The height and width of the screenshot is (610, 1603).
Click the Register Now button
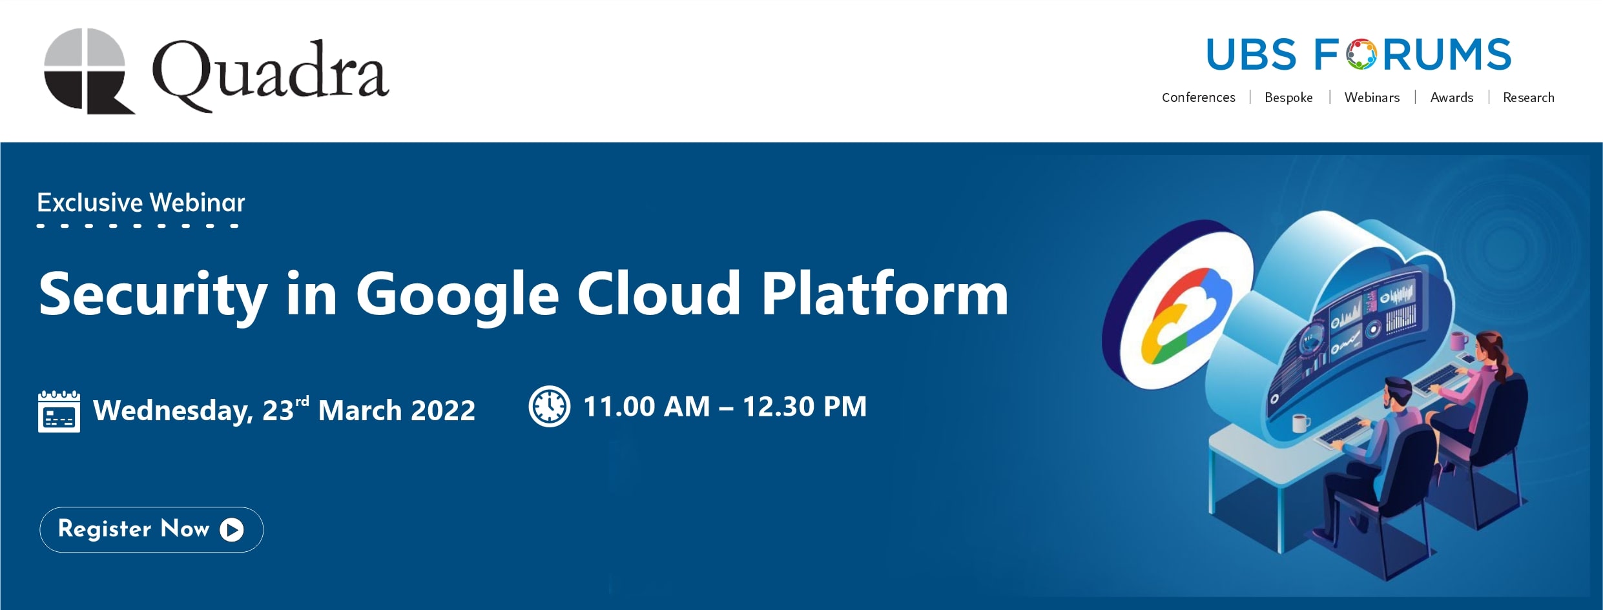[x=151, y=529]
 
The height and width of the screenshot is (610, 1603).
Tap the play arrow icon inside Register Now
[x=232, y=530]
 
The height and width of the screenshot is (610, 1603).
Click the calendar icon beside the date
[x=59, y=411]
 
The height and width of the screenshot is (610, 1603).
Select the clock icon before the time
[x=549, y=407]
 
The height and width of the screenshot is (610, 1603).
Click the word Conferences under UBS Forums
[x=1198, y=97]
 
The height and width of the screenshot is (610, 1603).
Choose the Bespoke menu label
[x=1288, y=97]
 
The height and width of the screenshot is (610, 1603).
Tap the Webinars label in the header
[x=1372, y=97]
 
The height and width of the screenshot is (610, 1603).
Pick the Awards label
[x=1451, y=97]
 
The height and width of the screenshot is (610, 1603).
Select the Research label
[x=1528, y=97]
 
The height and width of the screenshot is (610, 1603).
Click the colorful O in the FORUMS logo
[x=1361, y=54]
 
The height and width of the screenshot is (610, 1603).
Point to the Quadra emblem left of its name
[x=88, y=71]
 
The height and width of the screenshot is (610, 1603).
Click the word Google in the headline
[x=457, y=295]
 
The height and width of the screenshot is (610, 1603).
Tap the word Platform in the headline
[x=884, y=294]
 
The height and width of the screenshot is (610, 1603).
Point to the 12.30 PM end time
[x=804, y=407]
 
